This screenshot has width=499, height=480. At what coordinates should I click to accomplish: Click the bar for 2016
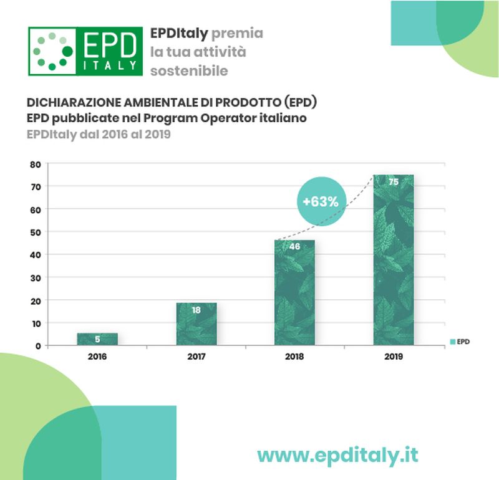coord(97,338)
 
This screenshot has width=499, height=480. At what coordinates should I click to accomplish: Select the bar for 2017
coord(196,324)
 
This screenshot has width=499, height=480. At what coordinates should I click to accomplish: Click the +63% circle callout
coord(321,201)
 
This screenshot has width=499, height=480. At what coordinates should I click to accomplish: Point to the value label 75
coord(394,182)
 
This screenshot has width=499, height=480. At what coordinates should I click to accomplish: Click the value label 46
coord(294,246)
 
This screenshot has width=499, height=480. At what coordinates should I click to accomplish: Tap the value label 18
coord(196,310)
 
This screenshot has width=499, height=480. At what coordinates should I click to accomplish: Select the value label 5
coord(97,340)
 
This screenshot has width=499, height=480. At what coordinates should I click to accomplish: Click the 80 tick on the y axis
coord(36,164)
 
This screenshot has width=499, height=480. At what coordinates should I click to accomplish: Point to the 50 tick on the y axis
coord(36,232)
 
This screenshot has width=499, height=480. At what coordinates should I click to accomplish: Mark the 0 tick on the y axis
coord(38,345)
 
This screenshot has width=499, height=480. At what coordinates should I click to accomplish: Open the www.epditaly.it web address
coord(337,455)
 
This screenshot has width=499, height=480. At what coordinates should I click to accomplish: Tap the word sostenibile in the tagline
coord(189,70)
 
